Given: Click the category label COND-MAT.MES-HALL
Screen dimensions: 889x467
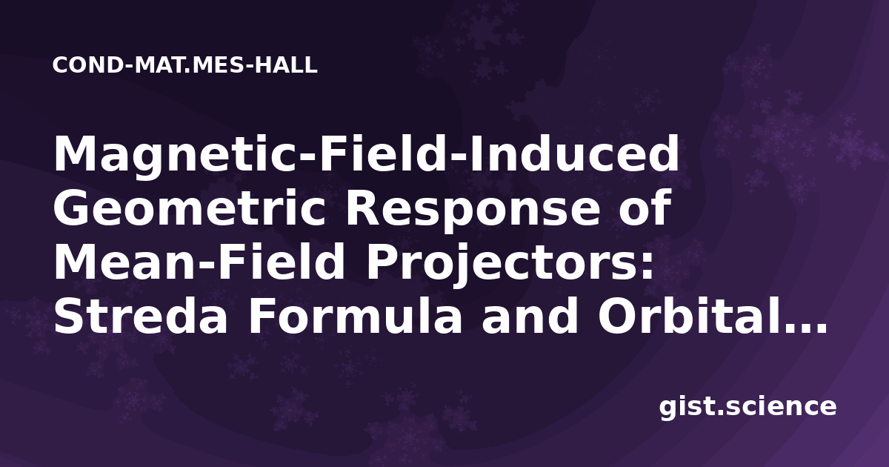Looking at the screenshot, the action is pyautogui.click(x=185, y=65).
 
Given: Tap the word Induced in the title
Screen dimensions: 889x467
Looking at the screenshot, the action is pyautogui.click(x=574, y=154).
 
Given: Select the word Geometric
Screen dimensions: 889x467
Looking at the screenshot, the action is pyautogui.click(x=190, y=208).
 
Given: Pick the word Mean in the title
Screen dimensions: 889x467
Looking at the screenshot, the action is pyautogui.click(x=124, y=262).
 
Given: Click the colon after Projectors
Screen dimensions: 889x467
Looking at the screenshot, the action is pyautogui.click(x=646, y=266).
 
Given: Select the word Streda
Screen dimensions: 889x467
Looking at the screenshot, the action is pyautogui.click(x=140, y=315).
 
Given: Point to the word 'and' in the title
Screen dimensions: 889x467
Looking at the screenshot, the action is pyautogui.click(x=530, y=315).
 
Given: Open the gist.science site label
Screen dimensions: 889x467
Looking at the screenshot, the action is pyautogui.click(x=748, y=407).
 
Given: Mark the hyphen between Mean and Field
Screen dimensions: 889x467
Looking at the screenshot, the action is pyautogui.click(x=204, y=267).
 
